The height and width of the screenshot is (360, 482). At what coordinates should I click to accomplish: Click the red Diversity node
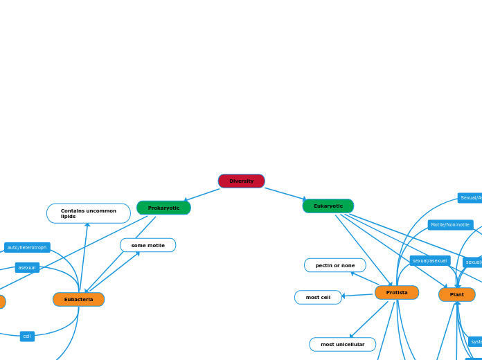pos(241,181)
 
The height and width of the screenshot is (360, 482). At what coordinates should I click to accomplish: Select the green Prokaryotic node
pos(163,208)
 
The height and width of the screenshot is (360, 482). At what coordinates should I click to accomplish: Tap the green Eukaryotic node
pos(328,206)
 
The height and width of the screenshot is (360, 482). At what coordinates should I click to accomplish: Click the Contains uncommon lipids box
pos(89,213)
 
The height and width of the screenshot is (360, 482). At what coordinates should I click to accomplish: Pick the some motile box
pos(148,245)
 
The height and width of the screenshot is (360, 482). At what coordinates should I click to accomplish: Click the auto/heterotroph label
pos(27,247)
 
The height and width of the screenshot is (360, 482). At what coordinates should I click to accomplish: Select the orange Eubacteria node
pos(79,299)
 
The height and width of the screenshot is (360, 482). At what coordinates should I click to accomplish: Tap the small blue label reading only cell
pos(27,336)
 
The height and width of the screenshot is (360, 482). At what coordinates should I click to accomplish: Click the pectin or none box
pos(335,265)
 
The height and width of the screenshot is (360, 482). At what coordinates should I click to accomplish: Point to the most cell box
pos(318,297)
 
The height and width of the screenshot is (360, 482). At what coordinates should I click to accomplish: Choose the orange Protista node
pos(397,292)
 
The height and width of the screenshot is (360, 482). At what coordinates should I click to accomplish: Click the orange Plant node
pos(457,294)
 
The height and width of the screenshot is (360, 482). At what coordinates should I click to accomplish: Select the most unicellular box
pos(342,344)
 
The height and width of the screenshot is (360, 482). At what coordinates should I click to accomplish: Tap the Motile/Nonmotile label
pos(450,224)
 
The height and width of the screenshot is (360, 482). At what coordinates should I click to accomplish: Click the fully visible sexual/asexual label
pos(430,260)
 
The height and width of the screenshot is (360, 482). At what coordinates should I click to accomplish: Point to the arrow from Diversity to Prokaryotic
pos(202,195)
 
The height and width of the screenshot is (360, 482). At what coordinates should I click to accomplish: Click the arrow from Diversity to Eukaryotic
pos(285,194)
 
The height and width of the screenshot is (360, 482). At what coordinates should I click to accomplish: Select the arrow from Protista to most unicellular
pos(369,319)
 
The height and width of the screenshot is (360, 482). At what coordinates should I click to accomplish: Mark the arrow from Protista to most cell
pos(357,295)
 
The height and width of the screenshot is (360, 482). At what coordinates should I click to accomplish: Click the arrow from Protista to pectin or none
pos(365,278)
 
